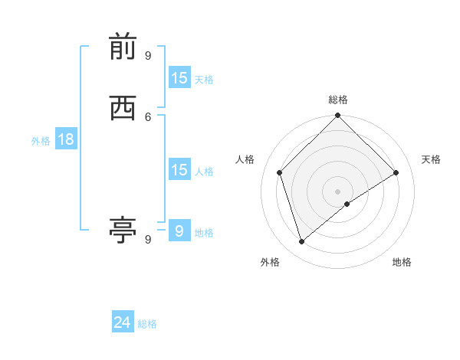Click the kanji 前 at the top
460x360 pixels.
[x=123, y=47]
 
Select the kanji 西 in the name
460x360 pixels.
[x=123, y=108]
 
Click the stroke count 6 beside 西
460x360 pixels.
[x=148, y=116]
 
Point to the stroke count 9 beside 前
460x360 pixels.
[x=148, y=55]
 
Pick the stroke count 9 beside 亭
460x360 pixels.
[x=148, y=239]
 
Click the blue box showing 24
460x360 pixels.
[x=123, y=322]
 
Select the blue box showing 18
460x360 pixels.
[x=65, y=139]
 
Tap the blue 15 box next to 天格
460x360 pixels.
[x=179, y=77]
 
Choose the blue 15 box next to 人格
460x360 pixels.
[x=179, y=169]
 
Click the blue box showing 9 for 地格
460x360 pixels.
[x=179, y=231]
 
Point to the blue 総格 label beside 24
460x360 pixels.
[x=147, y=324]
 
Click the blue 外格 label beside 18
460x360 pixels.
[x=40, y=141]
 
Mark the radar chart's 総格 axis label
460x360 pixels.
[x=338, y=100]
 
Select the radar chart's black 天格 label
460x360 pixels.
[x=432, y=159]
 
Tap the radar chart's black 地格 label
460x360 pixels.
[x=402, y=262]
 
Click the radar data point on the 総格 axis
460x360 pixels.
[x=338, y=116]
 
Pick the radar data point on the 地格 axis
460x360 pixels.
[x=347, y=204]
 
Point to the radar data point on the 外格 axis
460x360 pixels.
[x=301, y=242]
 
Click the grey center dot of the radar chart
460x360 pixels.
[x=338, y=191]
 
